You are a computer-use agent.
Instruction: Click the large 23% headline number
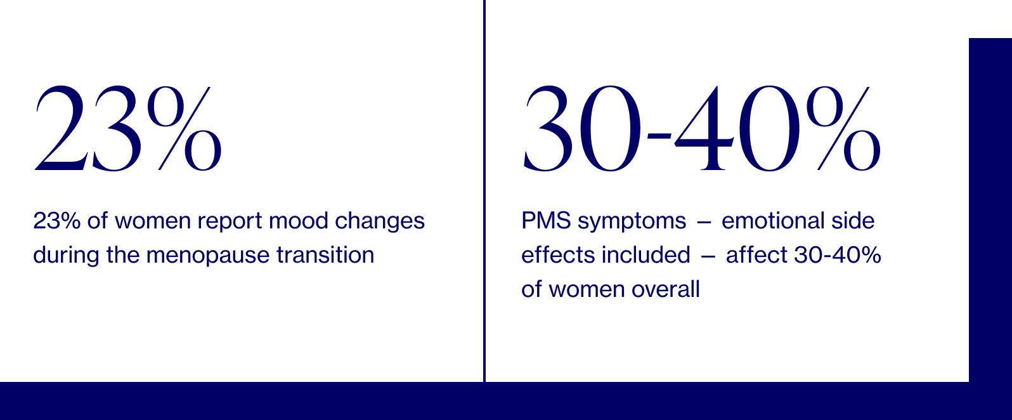(x=128, y=129)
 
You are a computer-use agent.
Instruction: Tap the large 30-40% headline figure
(x=701, y=129)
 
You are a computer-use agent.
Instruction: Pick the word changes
(x=380, y=221)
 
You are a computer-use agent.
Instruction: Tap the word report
(x=230, y=221)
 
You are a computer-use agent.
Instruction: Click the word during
(x=67, y=255)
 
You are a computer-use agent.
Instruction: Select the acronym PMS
(x=546, y=221)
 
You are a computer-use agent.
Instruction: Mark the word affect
(x=756, y=255)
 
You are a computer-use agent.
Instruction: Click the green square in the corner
(x=990, y=18)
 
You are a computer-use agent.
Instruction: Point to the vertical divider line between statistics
(x=484, y=190)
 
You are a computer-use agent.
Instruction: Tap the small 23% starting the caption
(x=57, y=221)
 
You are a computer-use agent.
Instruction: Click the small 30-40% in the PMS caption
(x=837, y=255)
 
